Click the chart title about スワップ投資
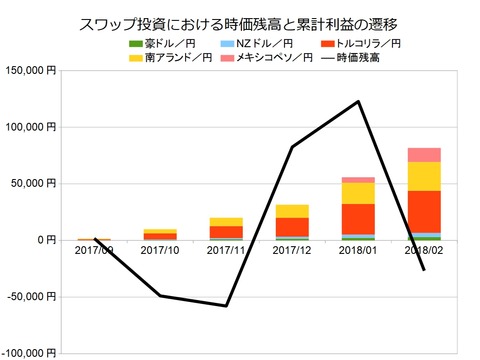tap(240, 22)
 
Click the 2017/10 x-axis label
tap(160, 251)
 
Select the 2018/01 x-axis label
tap(358, 251)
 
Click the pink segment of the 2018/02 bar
tap(424, 155)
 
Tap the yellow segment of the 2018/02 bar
tap(424, 176)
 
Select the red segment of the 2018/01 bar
tap(358, 218)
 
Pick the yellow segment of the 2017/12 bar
tap(292, 211)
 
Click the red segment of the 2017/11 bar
tap(226, 232)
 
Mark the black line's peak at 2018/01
tap(358, 101)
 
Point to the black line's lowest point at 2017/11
tap(226, 305)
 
